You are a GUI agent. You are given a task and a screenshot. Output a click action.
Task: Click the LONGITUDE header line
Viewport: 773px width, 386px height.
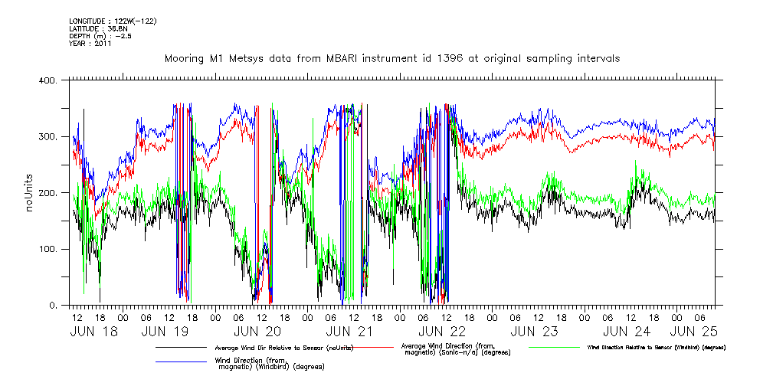pos(113,21)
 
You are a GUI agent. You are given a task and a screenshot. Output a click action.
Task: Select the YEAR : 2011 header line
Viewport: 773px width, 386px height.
pos(90,44)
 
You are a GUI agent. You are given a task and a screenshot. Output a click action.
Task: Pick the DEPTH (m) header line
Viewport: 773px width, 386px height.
pos(100,36)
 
